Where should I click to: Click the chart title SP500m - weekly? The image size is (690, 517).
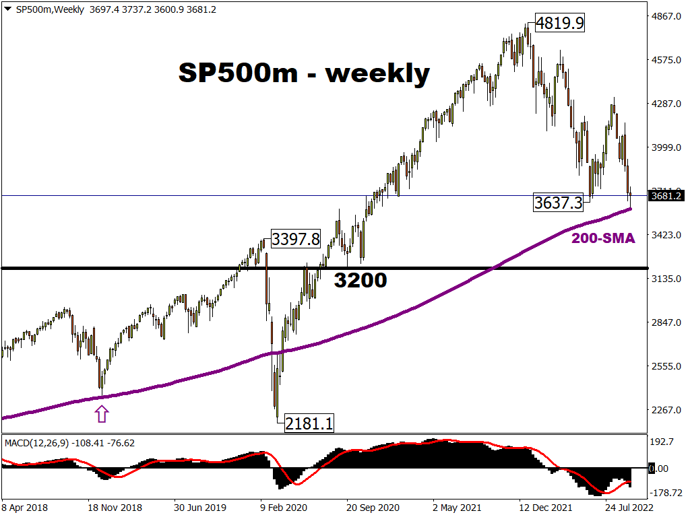point(304,73)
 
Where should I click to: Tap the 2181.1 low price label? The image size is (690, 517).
point(309,423)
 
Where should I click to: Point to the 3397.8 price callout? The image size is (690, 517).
point(296,240)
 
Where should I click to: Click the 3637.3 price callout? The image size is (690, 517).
point(558,202)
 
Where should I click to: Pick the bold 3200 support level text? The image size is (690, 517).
point(360,280)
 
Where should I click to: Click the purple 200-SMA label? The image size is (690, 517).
point(603,238)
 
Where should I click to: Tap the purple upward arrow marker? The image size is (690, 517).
point(102,413)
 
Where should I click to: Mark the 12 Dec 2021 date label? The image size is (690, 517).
point(544,507)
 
